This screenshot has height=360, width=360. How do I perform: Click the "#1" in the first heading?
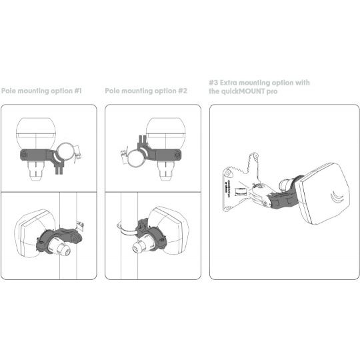pos(78,91)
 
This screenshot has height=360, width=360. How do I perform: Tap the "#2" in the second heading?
pos(183,91)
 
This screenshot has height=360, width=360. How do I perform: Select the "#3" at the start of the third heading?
pos(213,83)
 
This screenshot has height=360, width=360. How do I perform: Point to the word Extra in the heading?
pos(229,83)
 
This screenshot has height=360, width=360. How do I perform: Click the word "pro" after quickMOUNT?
pos(272,92)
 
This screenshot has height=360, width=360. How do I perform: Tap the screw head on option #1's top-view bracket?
pos(24,155)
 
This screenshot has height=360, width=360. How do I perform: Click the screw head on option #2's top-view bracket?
pos(177,155)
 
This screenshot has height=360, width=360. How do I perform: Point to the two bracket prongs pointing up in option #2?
pos(143,140)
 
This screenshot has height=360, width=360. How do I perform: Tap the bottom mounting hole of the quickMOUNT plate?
pos(227,209)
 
